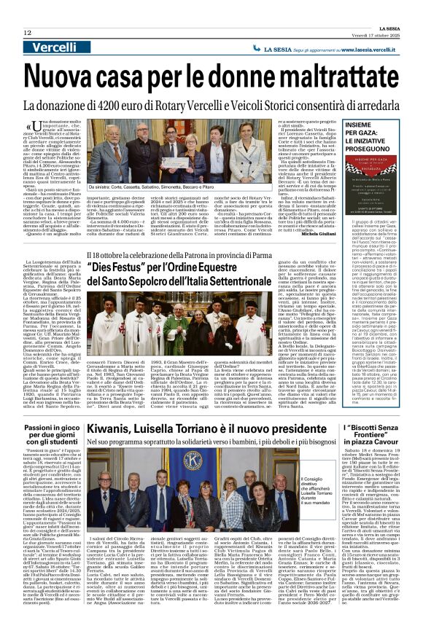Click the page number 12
(x=27, y=33)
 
